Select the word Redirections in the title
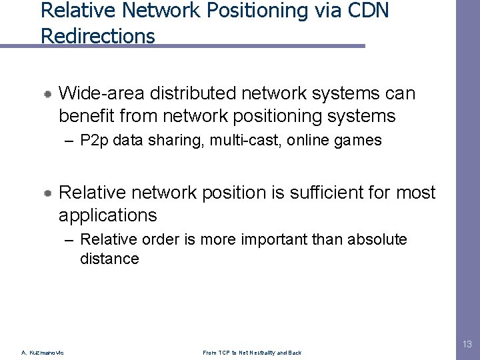pyautogui.click(x=97, y=35)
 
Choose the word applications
pyautogui.click(x=107, y=215)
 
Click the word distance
pyautogui.click(x=109, y=259)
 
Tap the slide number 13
pyautogui.click(x=467, y=344)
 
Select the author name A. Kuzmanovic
pyautogui.click(x=43, y=353)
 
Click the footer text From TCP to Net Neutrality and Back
pyautogui.click(x=252, y=353)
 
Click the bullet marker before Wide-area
pyautogui.click(x=49, y=94)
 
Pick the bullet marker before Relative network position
pyautogui.click(x=49, y=193)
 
